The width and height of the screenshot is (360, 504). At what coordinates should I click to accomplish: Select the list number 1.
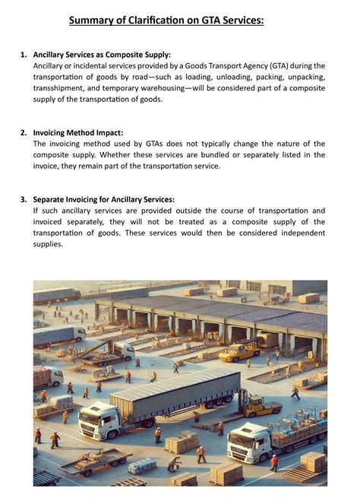click(24, 55)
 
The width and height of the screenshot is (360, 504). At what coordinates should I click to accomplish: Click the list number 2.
click(24, 132)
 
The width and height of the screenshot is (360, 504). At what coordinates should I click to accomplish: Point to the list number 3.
click(24, 199)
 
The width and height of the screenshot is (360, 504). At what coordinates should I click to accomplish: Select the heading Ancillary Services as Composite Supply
click(102, 55)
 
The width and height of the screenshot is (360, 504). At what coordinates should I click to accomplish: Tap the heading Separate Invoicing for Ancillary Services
click(104, 199)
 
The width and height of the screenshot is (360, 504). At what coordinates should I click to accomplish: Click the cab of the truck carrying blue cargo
click(247, 441)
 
